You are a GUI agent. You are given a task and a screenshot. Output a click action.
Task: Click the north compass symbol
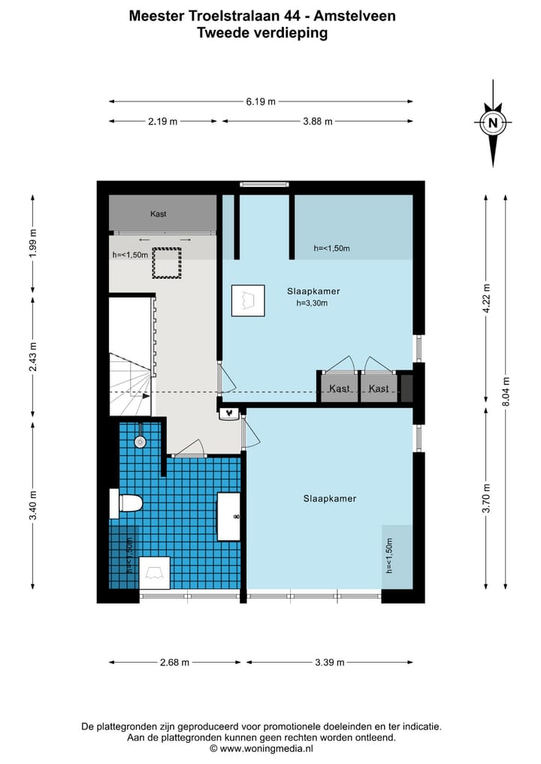pos(493,122)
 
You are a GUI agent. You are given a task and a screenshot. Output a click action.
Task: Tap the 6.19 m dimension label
pos(261,102)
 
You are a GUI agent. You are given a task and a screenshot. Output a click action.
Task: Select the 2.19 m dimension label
pos(163,122)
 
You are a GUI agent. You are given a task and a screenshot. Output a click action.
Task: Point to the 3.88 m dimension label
pos(318,122)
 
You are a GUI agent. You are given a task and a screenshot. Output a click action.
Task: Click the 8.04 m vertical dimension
pos(506,391)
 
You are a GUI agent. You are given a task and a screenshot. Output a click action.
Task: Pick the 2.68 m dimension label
pos(174,662)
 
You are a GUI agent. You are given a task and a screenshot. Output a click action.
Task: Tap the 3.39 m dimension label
pos(329,662)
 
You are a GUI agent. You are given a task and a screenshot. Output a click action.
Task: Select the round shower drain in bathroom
pos(141,442)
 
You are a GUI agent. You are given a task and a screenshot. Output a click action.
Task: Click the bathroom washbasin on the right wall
pos(228,517)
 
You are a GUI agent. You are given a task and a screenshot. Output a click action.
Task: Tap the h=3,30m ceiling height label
pos(312,303)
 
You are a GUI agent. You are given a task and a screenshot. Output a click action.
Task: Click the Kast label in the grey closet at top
pos(159,214)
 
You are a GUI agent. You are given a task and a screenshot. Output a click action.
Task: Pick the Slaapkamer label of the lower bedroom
pos(329,499)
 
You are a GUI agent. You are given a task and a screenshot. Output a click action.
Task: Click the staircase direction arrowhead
pos(147,397)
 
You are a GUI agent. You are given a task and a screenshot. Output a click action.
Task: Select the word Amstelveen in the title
pos(355,16)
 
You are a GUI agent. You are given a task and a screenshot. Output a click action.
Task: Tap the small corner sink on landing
pos(228,414)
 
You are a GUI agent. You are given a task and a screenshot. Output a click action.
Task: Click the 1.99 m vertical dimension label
pos(32,243)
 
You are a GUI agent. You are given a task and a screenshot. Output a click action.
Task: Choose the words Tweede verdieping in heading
pos(262,33)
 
